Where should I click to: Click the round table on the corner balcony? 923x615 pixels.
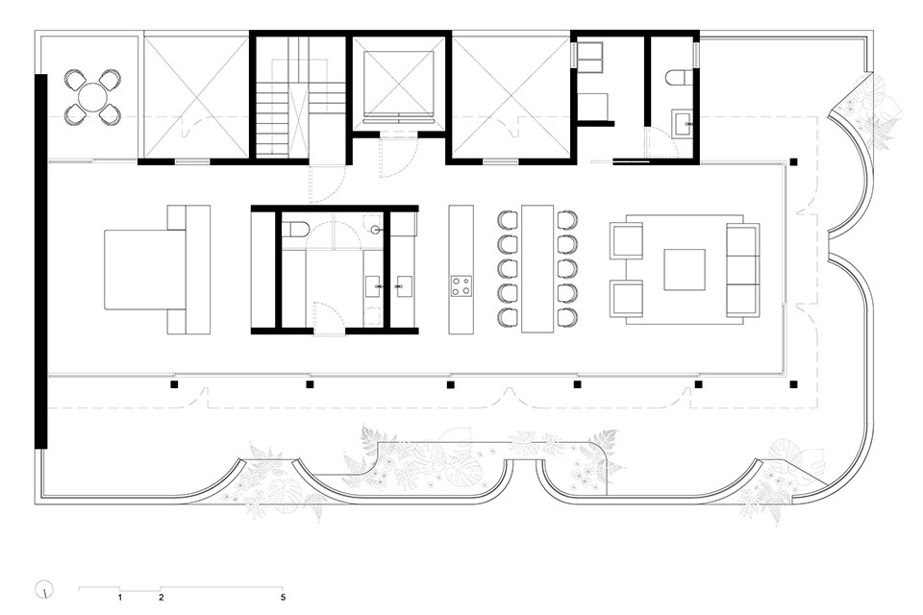(x=92, y=97)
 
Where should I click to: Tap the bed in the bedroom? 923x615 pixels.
(x=145, y=269)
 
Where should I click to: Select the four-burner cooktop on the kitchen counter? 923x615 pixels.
(x=461, y=285)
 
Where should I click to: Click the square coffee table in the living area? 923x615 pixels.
(x=685, y=269)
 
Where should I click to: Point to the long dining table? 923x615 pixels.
(x=537, y=268)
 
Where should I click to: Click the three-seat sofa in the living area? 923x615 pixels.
(x=743, y=269)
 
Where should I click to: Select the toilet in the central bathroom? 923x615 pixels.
(x=294, y=229)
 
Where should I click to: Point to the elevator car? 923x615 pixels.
(x=398, y=83)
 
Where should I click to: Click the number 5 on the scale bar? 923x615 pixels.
(x=283, y=598)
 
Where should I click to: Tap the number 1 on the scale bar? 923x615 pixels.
(x=120, y=598)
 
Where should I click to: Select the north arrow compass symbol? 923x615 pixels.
(x=44, y=589)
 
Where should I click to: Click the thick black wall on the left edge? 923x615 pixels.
(x=40, y=261)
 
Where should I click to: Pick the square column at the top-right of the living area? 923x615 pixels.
(x=793, y=161)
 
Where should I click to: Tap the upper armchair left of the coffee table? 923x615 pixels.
(x=626, y=241)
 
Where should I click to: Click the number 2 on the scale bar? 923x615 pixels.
(x=162, y=598)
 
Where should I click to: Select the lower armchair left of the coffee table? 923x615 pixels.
(x=626, y=299)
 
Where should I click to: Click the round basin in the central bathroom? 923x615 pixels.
(x=375, y=230)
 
